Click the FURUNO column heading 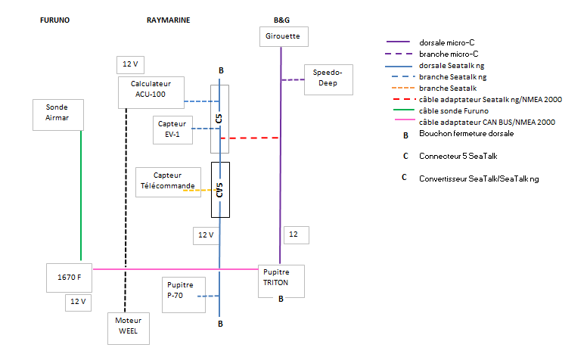click(x=54, y=20)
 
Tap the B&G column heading click(x=281, y=20)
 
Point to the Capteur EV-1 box click(x=172, y=129)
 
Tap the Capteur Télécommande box click(x=167, y=181)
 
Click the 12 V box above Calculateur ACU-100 click(x=129, y=64)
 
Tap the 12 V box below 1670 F click(x=79, y=302)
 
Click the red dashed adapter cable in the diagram click(x=250, y=138)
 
